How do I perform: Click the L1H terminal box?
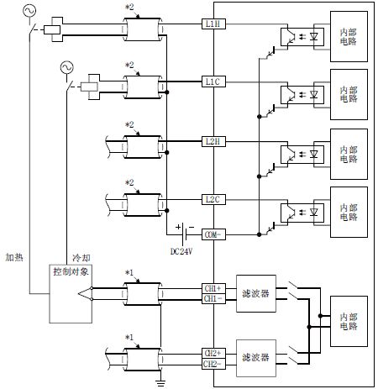[213, 24]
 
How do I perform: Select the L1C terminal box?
[213, 81]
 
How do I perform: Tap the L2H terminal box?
[213, 141]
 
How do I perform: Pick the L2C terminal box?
[213, 199]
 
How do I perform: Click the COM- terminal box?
[213, 234]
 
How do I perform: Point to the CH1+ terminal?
[213, 288]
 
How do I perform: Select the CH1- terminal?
[213, 298]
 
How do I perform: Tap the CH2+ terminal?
[213, 354]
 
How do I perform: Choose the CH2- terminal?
[213, 364]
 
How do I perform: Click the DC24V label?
[181, 251]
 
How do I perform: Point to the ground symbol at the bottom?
[160, 383]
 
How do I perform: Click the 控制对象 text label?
[71, 271]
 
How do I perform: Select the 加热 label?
[14, 257]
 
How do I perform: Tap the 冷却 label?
[81, 258]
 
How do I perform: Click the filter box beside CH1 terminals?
[256, 293]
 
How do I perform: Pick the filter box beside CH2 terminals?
[256, 358]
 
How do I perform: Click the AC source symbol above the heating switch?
[29, 11]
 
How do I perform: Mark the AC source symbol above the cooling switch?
[67, 67]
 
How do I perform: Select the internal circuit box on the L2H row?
[349, 154]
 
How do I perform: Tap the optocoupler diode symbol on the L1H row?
[314, 36]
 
